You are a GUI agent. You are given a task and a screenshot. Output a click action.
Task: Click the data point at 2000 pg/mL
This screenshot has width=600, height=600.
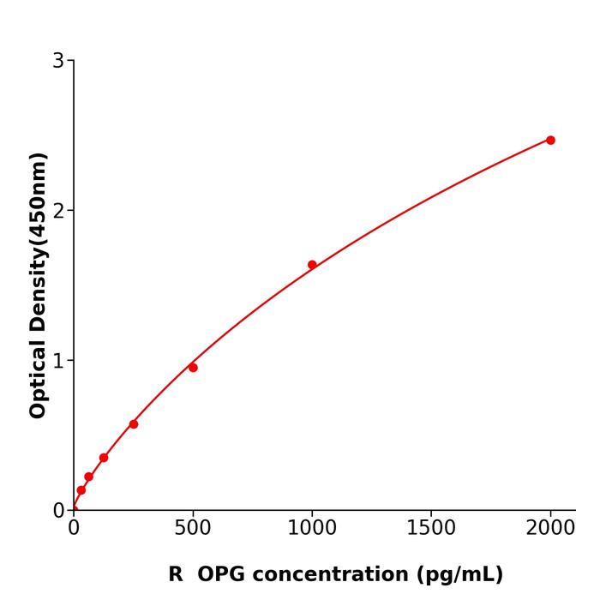(x=550, y=140)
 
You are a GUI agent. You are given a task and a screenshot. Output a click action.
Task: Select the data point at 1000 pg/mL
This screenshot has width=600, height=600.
(x=312, y=265)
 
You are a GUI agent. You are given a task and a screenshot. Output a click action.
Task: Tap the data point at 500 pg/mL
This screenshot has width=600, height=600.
(x=193, y=368)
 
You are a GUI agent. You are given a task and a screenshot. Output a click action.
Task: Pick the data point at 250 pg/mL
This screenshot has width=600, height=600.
(x=134, y=424)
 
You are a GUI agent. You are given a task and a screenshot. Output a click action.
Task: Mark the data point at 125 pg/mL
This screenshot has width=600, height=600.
(x=104, y=458)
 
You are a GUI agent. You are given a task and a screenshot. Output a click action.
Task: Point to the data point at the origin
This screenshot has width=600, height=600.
(x=74, y=510)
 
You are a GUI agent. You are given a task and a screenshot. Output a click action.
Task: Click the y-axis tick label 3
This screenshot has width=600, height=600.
(x=58, y=61)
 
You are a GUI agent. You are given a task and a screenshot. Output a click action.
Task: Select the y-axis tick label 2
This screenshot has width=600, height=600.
(x=58, y=211)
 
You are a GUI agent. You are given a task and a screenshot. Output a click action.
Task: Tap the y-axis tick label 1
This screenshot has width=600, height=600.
(x=58, y=361)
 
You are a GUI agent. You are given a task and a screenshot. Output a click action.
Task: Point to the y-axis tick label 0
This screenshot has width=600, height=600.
(x=58, y=511)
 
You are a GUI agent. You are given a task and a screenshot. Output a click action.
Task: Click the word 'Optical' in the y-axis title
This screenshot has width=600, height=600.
(x=38, y=376)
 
